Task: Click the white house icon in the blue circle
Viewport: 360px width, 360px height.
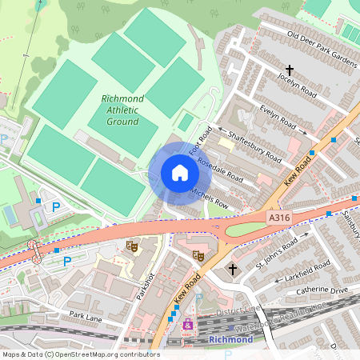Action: [180, 173]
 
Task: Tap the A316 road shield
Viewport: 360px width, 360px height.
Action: [278, 216]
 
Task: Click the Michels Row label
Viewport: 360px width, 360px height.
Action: [210, 197]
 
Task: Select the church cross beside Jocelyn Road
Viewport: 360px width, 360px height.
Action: [289, 71]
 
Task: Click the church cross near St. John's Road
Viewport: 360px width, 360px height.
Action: [232, 269]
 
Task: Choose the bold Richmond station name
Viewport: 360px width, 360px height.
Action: [230, 339]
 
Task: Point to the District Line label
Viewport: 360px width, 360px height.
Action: [241, 309]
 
